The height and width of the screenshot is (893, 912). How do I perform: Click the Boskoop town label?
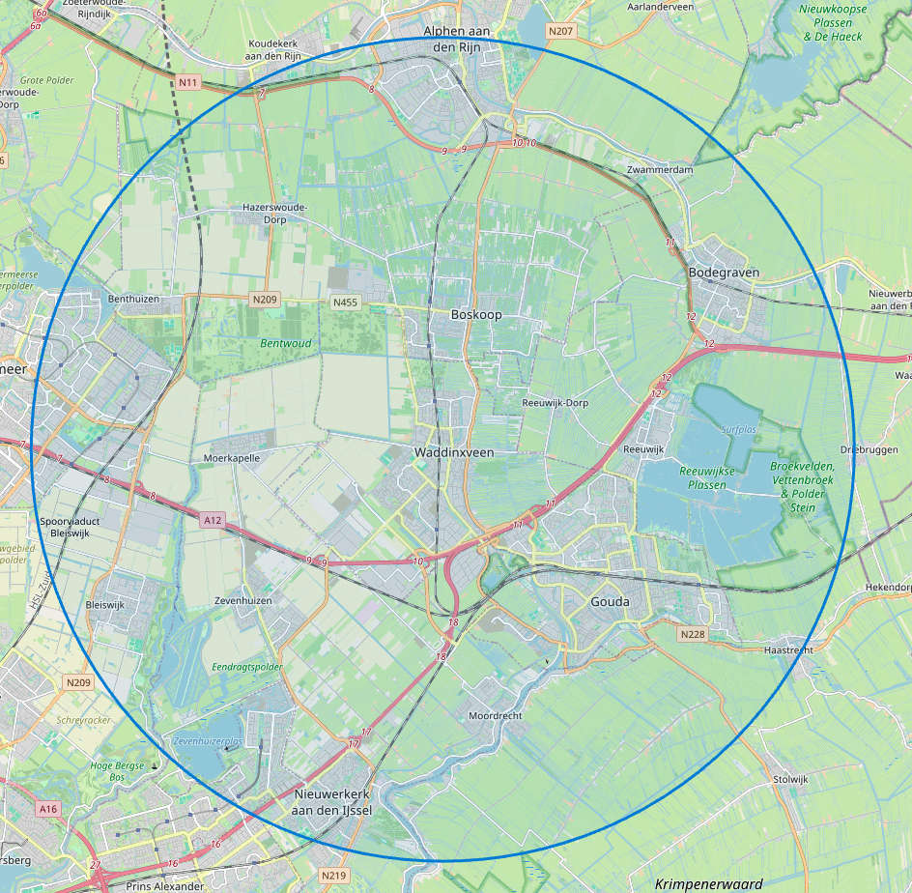click(476, 315)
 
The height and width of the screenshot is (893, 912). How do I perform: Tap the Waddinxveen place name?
click(454, 452)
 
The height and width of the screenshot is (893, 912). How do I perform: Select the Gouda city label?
click(610, 602)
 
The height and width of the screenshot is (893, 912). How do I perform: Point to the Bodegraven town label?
click(724, 273)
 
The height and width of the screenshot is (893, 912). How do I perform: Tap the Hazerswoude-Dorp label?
click(274, 213)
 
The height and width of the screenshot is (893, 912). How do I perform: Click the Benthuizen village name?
click(133, 300)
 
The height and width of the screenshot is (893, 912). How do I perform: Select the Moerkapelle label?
click(232, 458)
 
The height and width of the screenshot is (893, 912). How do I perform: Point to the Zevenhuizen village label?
click(242, 600)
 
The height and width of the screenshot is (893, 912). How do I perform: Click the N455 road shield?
click(345, 302)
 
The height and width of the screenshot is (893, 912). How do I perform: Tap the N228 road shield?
click(692, 634)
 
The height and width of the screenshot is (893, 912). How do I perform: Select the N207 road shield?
click(560, 32)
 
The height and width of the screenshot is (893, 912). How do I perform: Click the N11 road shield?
click(187, 82)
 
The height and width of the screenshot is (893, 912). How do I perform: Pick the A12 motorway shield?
click(213, 520)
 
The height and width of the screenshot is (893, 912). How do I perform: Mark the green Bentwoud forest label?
click(285, 343)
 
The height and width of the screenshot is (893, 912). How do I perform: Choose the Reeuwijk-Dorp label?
click(555, 402)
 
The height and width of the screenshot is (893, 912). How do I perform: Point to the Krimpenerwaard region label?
click(708, 883)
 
